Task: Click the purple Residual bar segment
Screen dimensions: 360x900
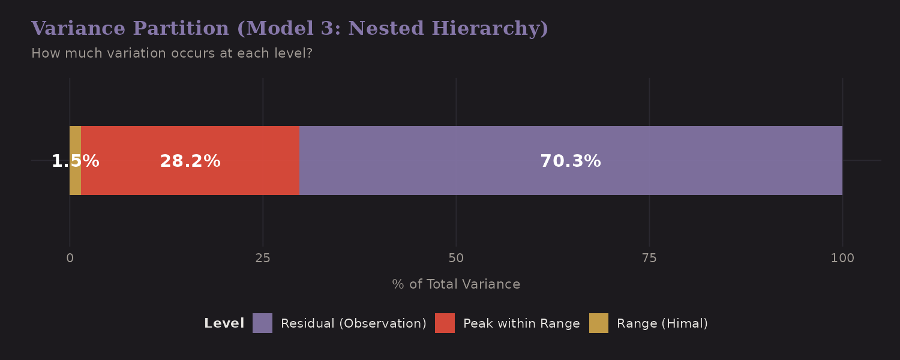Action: tap(690, 180)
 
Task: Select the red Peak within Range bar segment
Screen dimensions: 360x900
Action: tap(252, 180)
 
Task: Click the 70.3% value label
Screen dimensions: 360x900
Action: tap(570, 161)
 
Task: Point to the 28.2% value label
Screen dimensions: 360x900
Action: tap(190, 161)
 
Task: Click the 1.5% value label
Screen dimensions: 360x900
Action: tap(75, 161)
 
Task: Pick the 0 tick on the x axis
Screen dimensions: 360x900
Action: tap(70, 259)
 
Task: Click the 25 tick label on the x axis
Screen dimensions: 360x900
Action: tap(263, 259)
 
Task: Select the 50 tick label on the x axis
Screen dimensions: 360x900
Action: tap(456, 259)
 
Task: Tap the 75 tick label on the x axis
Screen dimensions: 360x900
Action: tap(649, 259)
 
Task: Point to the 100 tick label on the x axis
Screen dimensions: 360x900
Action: tap(842, 259)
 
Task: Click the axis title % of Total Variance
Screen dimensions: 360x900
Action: tap(456, 284)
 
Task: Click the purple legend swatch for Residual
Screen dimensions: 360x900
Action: tap(262, 323)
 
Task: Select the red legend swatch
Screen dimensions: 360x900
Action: tap(445, 323)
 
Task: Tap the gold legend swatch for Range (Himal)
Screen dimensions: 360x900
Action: tap(598, 323)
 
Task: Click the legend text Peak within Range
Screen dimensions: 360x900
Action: tap(521, 323)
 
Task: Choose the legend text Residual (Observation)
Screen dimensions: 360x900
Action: tap(353, 323)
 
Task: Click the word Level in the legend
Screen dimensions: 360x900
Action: tap(224, 323)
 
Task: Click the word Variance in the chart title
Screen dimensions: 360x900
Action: tap(78, 29)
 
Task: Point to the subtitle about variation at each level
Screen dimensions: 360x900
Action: tap(172, 53)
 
